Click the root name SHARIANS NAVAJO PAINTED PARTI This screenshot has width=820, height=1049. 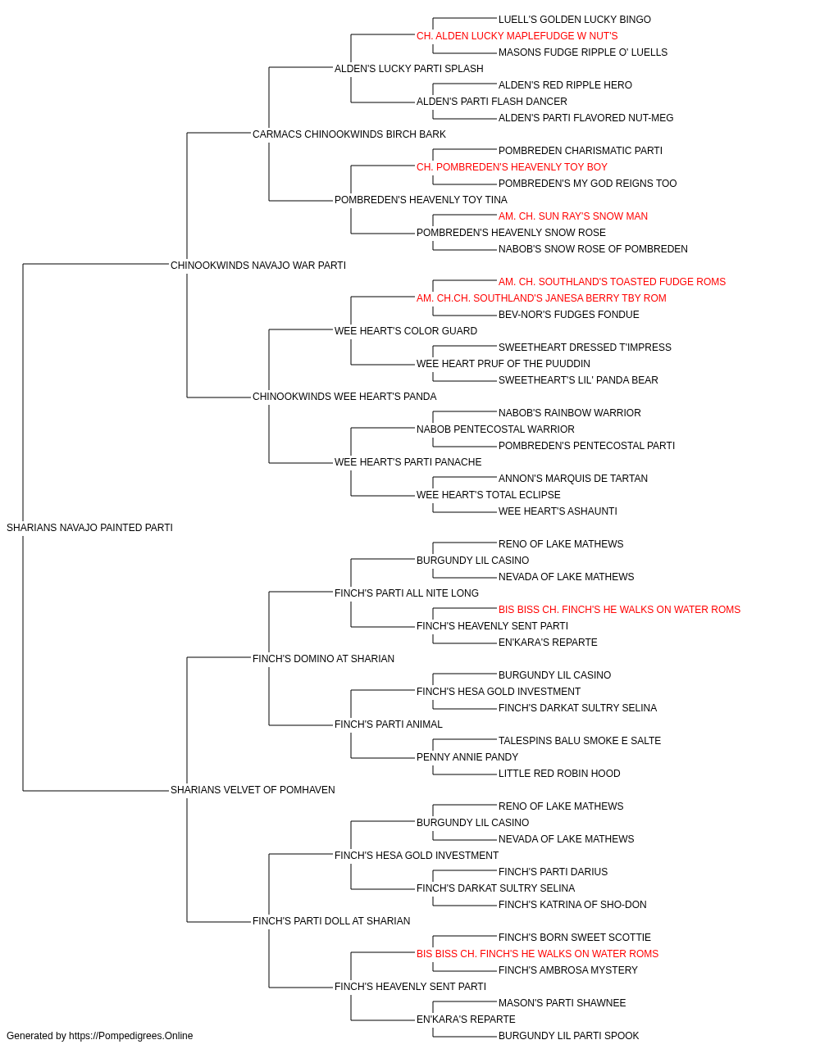click(89, 528)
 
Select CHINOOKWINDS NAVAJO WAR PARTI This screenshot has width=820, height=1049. click(257, 266)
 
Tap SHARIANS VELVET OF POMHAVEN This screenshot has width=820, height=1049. click(253, 790)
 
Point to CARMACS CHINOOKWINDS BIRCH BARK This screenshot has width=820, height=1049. click(348, 134)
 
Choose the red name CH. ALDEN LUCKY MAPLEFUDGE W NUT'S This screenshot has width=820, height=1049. click(517, 36)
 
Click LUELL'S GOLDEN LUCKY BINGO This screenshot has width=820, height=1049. click(574, 20)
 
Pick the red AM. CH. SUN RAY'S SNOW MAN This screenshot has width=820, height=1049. click(572, 216)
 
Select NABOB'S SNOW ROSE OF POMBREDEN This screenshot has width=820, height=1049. click(593, 249)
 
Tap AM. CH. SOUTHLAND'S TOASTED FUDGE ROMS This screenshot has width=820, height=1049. click(612, 282)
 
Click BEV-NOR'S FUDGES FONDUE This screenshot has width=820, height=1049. click(568, 315)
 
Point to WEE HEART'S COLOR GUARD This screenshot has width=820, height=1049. click(406, 331)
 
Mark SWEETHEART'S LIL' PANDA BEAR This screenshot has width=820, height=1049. click(578, 380)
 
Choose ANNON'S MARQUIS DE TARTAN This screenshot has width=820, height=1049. click(572, 479)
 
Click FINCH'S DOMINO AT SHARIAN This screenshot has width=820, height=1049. click(323, 659)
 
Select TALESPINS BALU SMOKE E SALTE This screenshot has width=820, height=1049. click(580, 741)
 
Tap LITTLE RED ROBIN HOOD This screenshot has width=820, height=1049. click(559, 774)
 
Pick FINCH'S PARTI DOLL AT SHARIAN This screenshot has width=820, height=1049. click(330, 921)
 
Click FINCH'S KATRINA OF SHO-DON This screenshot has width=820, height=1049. click(572, 905)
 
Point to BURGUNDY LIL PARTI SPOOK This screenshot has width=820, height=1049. click(568, 1036)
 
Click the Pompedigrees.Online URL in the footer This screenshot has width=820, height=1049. click(131, 1036)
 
